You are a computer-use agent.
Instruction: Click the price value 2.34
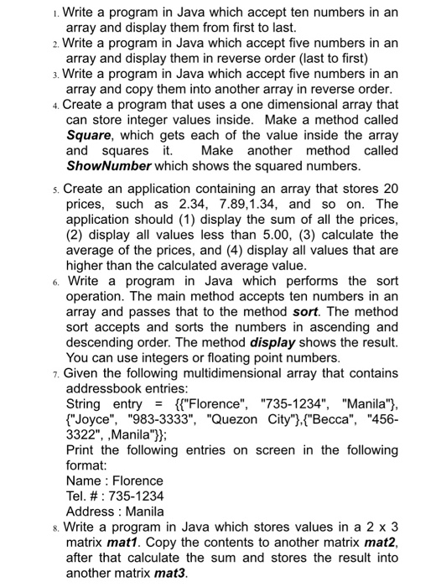pos(186,204)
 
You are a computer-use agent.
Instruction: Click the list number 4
pos(54,105)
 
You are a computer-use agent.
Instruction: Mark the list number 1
pos(54,14)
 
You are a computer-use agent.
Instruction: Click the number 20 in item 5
pos(387,189)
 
